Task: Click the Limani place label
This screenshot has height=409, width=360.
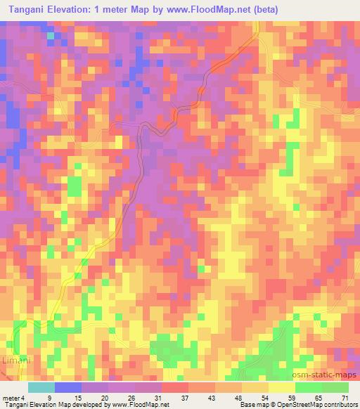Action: pyautogui.click(x=15, y=359)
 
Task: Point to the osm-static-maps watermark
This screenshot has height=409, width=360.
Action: pyautogui.click(x=329, y=377)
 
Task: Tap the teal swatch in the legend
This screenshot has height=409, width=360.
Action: pyautogui.click(x=41, y=387)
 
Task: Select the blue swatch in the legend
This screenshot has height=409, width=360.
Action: pyautogui.click(x=68, y=387)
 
